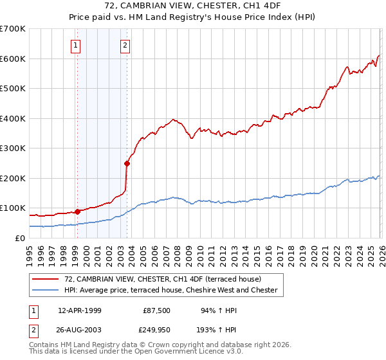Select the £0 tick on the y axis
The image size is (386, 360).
pyautogui.click(x=21, y=238)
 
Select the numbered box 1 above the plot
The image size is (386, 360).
pyautogui.click(x=77, y=45)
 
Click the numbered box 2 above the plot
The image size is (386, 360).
pyautogui.click(x=125, y=45)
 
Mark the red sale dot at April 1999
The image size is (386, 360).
pyautogui.click(x=77, y=212)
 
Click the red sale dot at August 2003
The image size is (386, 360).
pyautogui.click(x=127, y=163)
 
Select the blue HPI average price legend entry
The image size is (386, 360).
pyautogui.click(x=170, y=290)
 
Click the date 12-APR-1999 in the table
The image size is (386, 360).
pyautogui.click(x=80, y=310)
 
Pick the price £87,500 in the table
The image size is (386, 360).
pyautogui.click(x=156, y=310)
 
